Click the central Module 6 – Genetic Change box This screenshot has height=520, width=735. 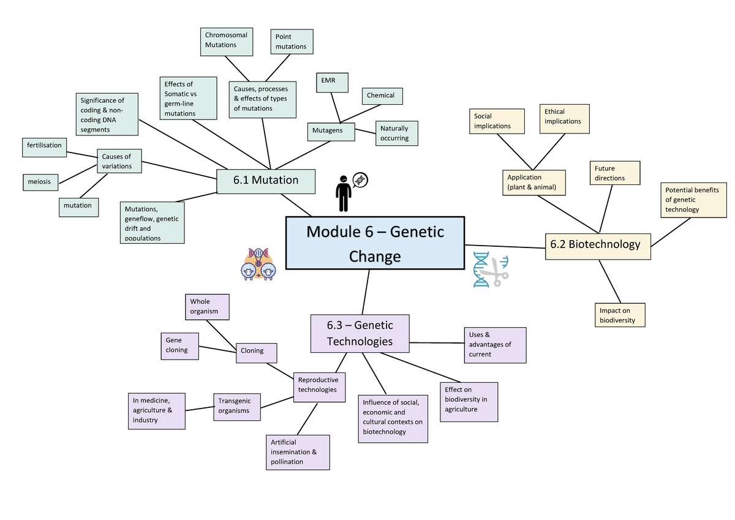pos(375,243)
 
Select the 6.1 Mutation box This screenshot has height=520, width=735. pos(266,180)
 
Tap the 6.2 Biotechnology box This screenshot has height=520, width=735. pos(597,244)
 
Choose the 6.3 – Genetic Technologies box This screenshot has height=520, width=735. pos(360,333)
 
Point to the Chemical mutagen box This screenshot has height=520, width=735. pos(381,96)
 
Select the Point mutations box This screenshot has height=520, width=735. pos(292,42)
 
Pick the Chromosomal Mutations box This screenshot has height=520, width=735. pos(227,40)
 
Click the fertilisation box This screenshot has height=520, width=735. pos(43,146)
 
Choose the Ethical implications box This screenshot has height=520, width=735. pos(564,118)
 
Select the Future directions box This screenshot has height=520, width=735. pos(615,173)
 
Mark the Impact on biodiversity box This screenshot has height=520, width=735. pos(619,315)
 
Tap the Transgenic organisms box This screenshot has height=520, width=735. pos(236,406)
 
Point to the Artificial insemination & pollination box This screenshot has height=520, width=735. pos(298,452)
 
